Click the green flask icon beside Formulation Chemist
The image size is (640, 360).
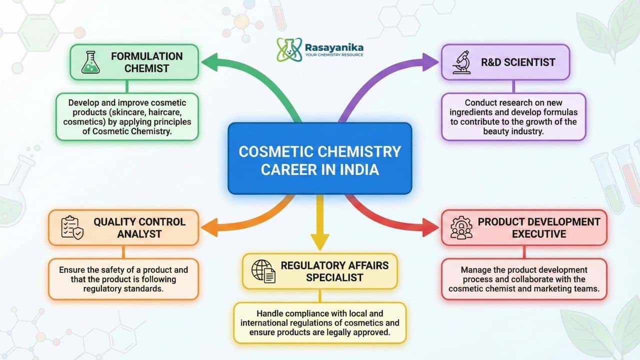point(90,62)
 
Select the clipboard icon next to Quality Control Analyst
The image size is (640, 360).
point(71,227)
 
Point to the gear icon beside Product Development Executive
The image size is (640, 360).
point(461,227)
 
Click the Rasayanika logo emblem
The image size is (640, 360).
point(289,49)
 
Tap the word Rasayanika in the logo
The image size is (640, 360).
point(334,47)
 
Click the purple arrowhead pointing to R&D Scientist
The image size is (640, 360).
point(430,62)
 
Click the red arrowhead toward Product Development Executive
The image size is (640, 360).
point(429,227)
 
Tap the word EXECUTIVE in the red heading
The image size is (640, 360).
point(539,234)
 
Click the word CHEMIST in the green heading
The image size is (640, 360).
point(146,68)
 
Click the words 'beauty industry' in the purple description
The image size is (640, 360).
point(513,131)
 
